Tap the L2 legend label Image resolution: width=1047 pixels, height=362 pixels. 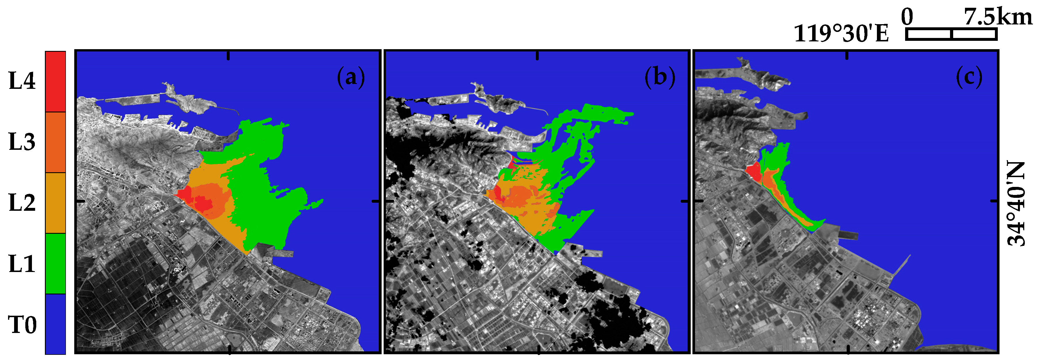click(22, 202)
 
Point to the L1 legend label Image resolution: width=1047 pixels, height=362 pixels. click(22, 264)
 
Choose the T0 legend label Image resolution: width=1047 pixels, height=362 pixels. click(22, 325)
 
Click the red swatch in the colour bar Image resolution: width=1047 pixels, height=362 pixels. click(55, 81)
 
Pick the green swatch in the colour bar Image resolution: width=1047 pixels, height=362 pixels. click(55, 263)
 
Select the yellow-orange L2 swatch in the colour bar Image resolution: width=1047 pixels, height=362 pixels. click(55, 203)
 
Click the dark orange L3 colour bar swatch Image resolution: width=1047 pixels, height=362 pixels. click(55, 142)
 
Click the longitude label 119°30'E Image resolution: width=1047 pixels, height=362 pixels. click(841, 33)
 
